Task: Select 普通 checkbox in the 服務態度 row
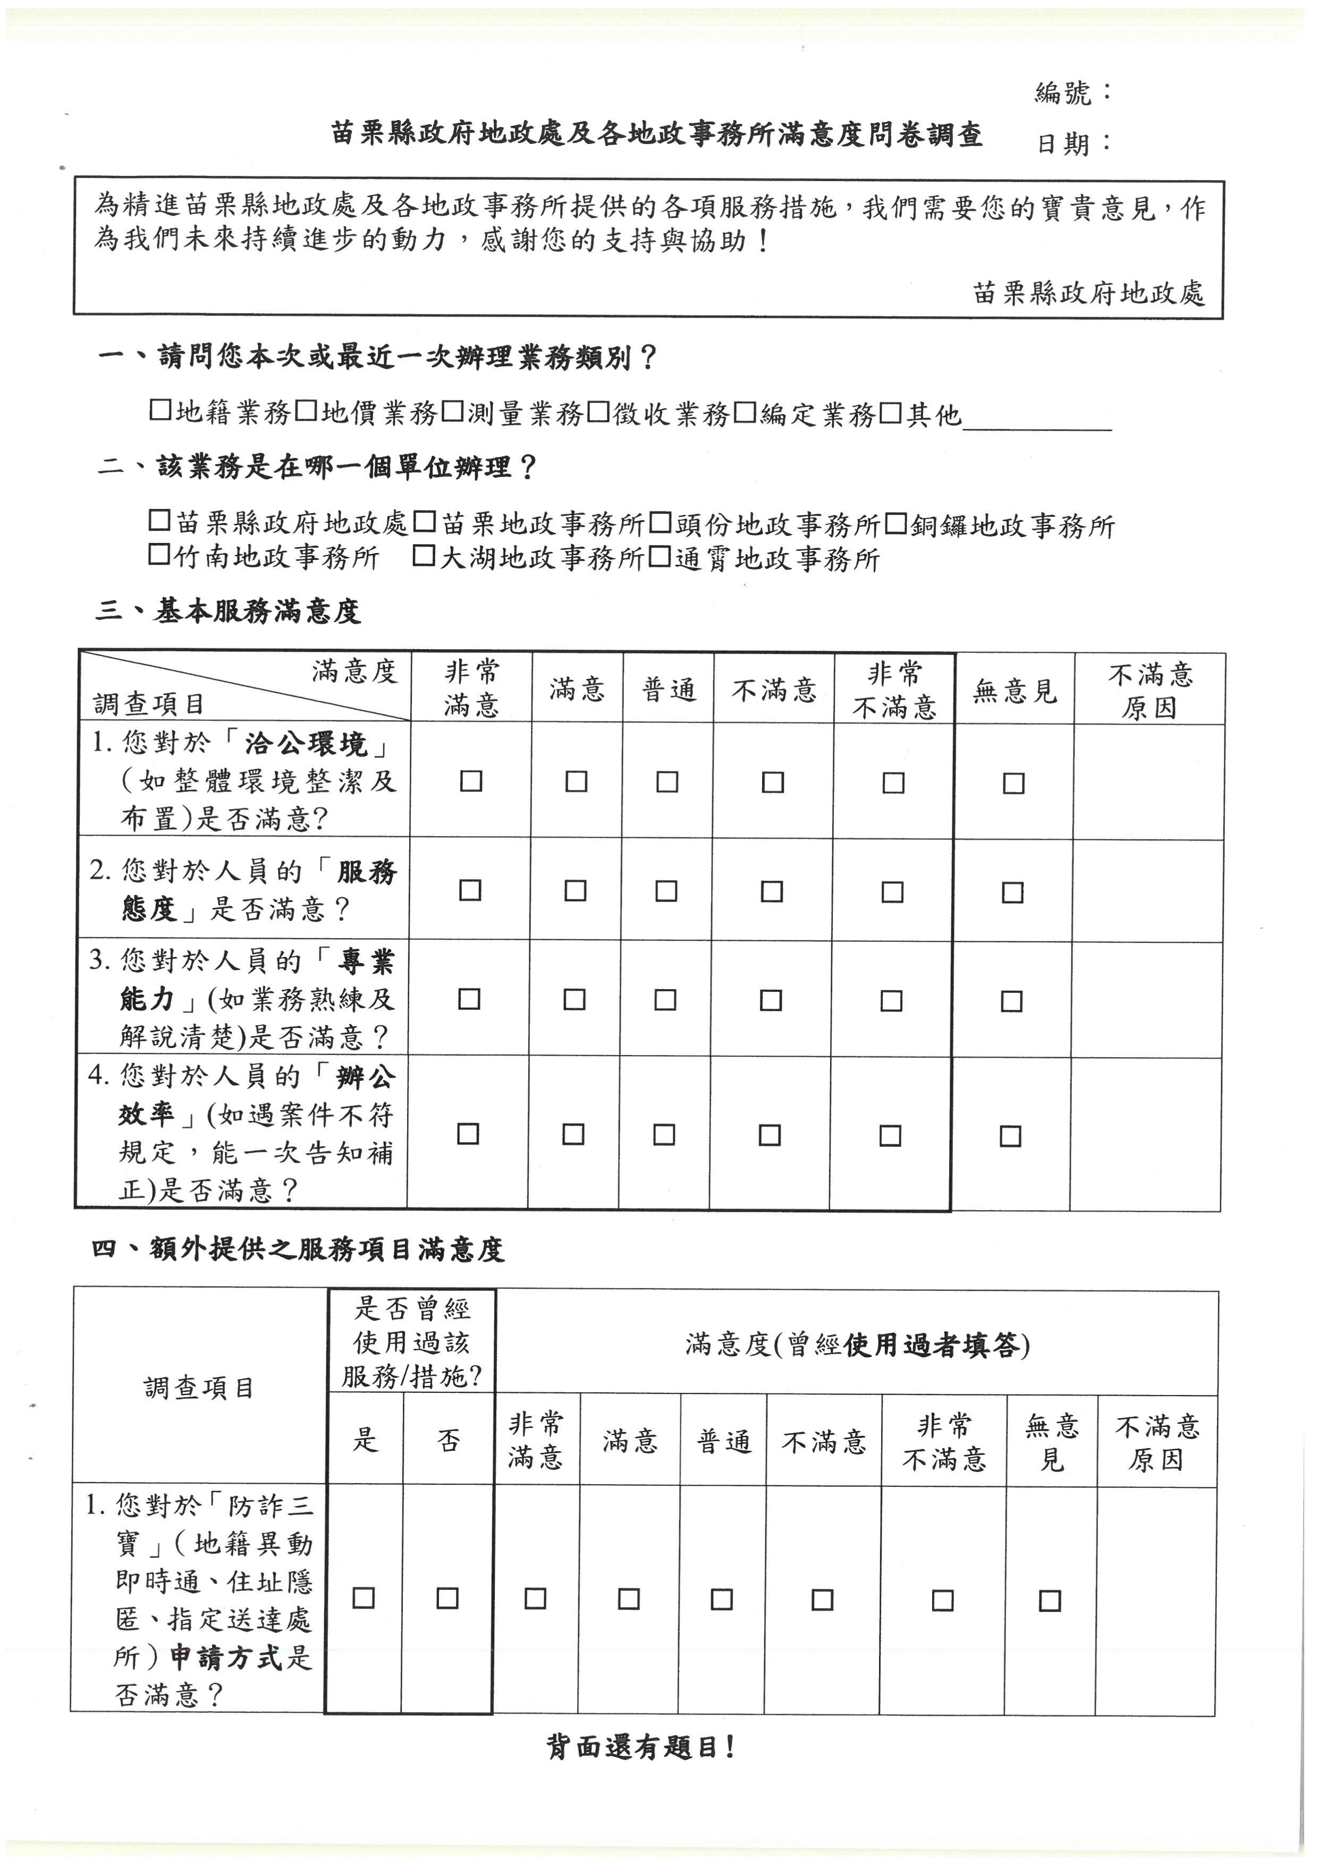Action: coord(666,890)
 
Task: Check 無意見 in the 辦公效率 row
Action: coord(1010,1135)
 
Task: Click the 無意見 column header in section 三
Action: coord(1015,691)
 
